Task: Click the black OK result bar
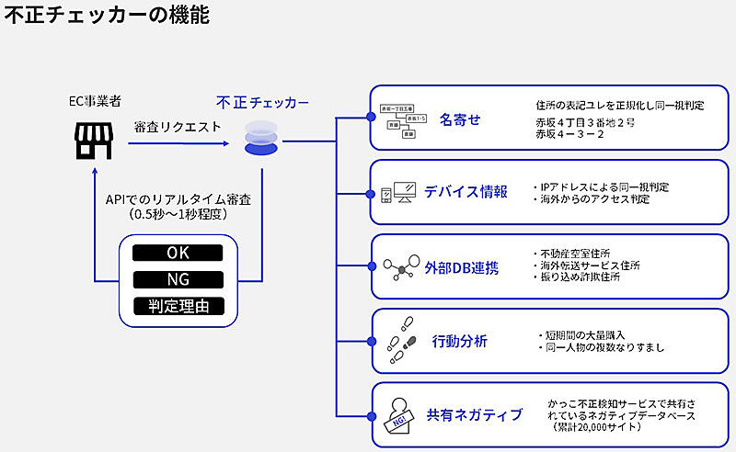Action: [178, 253]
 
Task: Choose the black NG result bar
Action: [178, 279]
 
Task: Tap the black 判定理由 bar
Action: [178, 306]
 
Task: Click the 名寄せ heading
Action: [460, 119]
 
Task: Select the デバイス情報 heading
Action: [466, 192]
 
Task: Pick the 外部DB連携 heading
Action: [462, 267]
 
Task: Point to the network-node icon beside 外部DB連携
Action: [401, 267]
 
